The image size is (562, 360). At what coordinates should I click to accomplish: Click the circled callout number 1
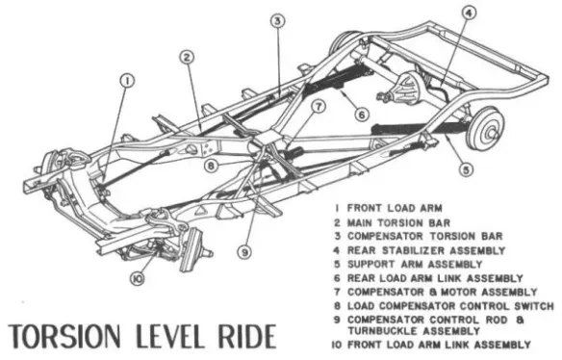pos(127,82)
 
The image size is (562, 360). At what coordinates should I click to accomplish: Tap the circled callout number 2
pos(187,58)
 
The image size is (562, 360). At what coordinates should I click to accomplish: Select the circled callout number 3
pos(277,21)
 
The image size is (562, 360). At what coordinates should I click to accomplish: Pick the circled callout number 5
pos(466,169)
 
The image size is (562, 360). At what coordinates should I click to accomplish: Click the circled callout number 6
pos(361,115)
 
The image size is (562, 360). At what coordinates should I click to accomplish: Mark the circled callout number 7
pos(318,107)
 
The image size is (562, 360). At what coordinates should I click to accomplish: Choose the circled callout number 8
pos(211,166)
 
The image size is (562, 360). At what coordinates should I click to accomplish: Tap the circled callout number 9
pos(244,252)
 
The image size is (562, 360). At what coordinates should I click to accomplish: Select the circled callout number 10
pos(138,278)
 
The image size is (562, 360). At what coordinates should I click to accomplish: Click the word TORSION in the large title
pos(64,336)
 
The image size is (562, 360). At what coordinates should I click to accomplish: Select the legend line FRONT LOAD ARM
pos(395,208)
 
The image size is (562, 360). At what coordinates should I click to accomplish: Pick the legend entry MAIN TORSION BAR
pos(398,222)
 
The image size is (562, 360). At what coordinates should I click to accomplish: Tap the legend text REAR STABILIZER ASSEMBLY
pos(426,250)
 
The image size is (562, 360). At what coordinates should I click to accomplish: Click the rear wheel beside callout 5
pos(486,128)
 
